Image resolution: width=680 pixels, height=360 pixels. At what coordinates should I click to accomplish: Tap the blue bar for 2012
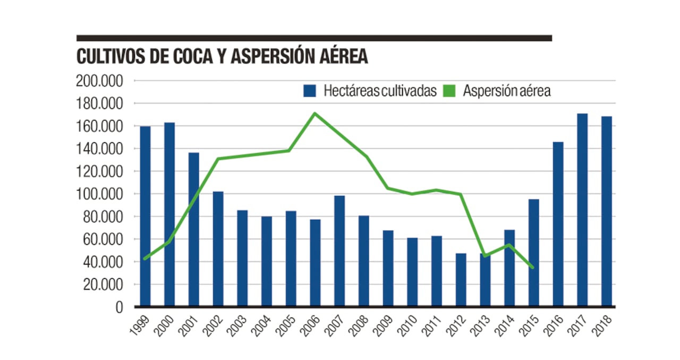461,280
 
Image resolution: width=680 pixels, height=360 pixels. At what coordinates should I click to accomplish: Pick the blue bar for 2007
339,251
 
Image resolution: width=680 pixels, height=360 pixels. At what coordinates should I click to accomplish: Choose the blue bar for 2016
558,224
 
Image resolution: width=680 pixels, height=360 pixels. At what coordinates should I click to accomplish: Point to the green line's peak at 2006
315,113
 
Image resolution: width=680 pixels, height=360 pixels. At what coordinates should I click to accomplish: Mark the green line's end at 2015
533,267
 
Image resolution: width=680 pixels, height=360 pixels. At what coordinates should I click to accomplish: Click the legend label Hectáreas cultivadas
380,91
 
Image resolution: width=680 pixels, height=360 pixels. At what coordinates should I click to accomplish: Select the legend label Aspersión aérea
507,91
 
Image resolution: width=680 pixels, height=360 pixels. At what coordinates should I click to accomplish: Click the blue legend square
310,91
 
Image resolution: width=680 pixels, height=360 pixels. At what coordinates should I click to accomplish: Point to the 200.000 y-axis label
100,81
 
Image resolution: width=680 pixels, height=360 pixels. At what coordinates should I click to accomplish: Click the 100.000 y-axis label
100,194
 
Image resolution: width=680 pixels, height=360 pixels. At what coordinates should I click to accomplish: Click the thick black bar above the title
314,38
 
